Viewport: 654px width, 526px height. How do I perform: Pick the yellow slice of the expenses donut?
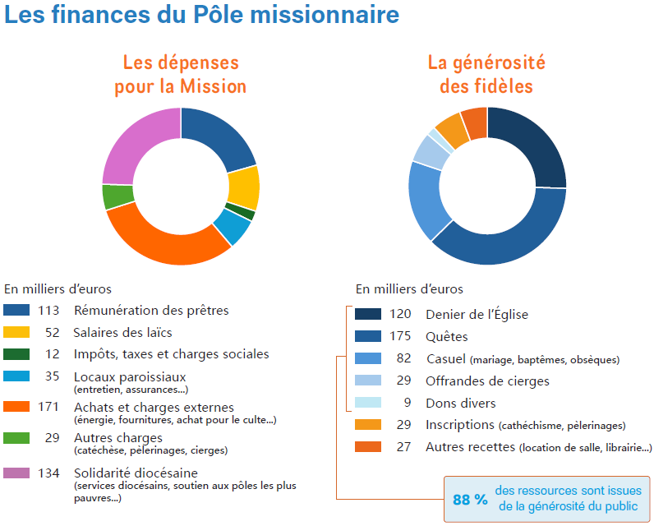[243, 187]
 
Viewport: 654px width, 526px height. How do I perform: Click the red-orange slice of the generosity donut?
[475, 122]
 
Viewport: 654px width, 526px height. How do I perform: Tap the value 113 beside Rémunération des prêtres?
[50, 311]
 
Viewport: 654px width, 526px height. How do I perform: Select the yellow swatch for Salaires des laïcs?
[16, 333]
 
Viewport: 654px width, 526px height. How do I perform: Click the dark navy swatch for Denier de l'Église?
[368, 314]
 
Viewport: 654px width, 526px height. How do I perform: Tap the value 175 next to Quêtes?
[400, 336]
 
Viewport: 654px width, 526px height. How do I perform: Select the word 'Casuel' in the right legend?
[446, 359]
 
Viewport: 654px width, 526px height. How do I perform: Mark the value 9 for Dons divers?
[407, 404]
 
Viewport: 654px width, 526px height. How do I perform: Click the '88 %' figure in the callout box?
[470, 499]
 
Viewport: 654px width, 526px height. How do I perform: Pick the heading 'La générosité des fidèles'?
[486, 74]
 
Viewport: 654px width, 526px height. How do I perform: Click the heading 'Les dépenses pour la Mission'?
[180, 74]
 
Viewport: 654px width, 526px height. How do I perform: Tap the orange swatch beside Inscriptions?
[368, 425]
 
